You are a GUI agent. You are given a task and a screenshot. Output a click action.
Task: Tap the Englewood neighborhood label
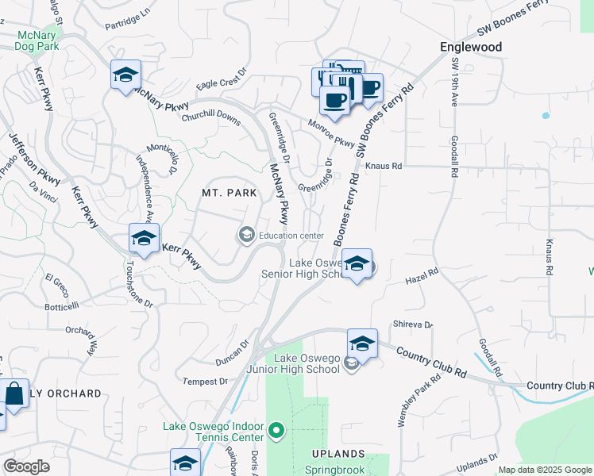coord(471,47)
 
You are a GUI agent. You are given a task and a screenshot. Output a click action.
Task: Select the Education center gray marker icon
coord(246,235)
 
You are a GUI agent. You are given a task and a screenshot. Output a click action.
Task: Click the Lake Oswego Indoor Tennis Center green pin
coord(276,431)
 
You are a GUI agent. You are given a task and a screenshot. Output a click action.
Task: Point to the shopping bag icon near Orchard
coord(15,393)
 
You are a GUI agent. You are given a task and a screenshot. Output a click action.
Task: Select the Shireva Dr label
coord(412,324)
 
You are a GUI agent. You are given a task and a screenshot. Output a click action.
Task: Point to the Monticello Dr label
coord(160,159)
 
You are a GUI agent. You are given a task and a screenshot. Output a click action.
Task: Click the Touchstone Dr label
coord(137,284)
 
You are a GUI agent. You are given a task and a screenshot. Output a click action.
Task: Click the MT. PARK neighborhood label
coord(229,193)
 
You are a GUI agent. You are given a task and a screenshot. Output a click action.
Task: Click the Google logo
coord(26,466)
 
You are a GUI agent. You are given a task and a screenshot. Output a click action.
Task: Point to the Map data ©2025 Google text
coord(544,470)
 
